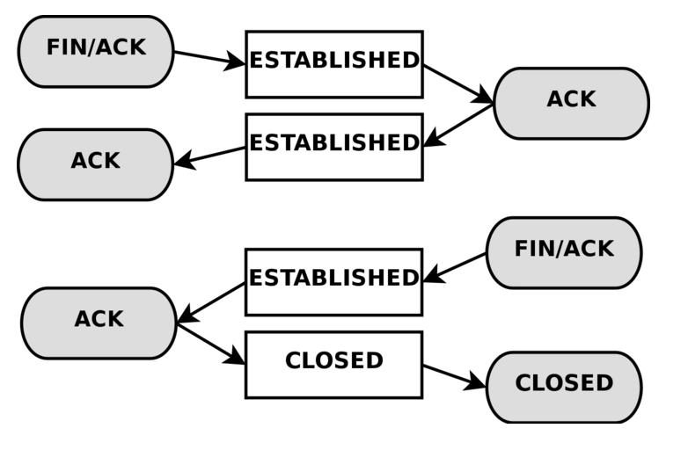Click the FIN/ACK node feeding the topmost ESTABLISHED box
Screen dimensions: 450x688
click(x=96, y=51)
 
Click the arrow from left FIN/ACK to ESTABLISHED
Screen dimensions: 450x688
click(x=209, y=58)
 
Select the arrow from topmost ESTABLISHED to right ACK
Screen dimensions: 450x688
click(x=457, y=84)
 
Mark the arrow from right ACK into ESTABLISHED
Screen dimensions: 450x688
click(x=457, y=126)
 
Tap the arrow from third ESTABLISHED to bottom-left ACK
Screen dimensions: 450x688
click(x=211, y=302)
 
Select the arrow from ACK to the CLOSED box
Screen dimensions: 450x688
click(x=211, y=344)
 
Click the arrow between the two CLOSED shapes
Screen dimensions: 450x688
click(x=454, y=375)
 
